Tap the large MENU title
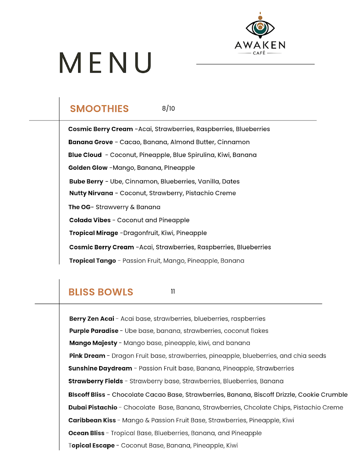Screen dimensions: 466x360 tap(105, 63)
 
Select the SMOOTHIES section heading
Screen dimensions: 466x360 tap(99, 109)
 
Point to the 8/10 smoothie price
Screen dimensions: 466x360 tap(169, 108)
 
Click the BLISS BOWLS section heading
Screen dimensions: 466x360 tap(101, 292)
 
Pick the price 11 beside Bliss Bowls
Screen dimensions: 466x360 tap(173, 291)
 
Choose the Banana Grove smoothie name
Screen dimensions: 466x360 tap(90, 142)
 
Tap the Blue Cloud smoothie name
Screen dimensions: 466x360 tap(85, 155)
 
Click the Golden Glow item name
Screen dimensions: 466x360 tap(88, 168)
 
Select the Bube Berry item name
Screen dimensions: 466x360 tap(86, 181)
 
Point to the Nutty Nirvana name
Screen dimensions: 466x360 tap(91, 193)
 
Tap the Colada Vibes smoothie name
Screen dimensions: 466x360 tap(90, 220)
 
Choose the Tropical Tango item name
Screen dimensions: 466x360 tap(92, 261)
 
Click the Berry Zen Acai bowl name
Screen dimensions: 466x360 tap(92, 319)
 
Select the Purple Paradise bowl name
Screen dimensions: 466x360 tap(94, 331)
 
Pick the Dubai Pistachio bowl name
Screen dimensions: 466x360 tap(92, 407)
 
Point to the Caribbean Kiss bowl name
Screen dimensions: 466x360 tap(92, 420)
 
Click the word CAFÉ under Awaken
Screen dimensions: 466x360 tap(260, 53)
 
